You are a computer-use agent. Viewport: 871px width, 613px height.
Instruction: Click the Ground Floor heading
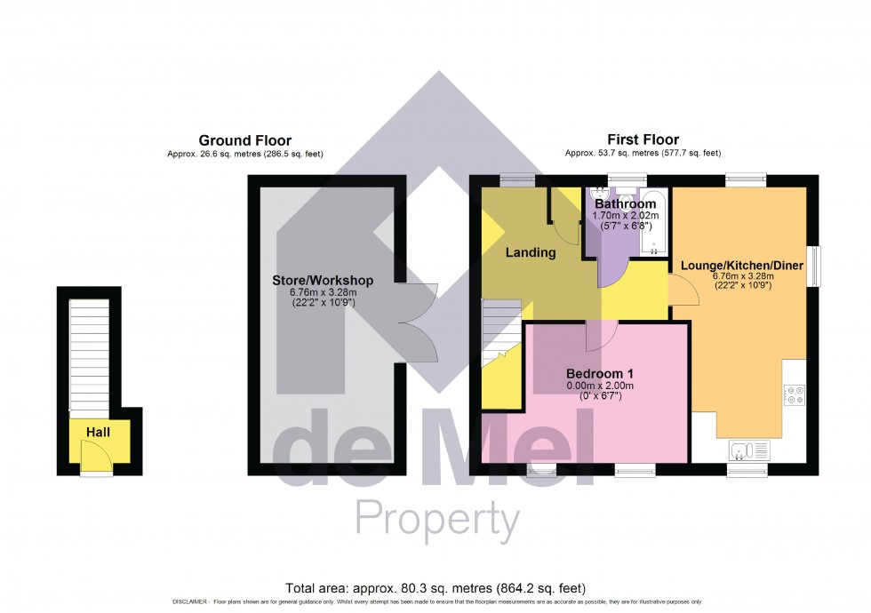click(244, 140)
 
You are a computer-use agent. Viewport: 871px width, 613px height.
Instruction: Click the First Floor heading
click(643, 139)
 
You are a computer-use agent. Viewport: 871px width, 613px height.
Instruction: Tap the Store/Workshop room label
click(323, 281)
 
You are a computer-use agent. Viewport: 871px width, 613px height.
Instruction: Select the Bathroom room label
click(626, 204)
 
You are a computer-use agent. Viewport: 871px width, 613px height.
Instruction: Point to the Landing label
click(531, 252)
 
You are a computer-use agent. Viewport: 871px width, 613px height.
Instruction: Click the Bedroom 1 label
click(600, 373)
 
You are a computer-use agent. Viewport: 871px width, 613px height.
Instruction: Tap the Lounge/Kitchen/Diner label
click(742, 265)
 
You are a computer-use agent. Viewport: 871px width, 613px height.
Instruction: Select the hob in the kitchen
click(794, 394)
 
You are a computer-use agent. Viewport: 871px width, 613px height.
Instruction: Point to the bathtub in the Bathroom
click(653, 222)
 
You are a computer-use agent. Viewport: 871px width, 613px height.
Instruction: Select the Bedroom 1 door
click(602, 333)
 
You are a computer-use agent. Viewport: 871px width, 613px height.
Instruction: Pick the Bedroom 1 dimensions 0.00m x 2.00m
click(600, 386)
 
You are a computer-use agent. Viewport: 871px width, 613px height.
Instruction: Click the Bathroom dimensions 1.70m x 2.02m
click(626, 216)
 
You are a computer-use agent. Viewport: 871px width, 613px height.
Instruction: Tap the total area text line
click(435, 588)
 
